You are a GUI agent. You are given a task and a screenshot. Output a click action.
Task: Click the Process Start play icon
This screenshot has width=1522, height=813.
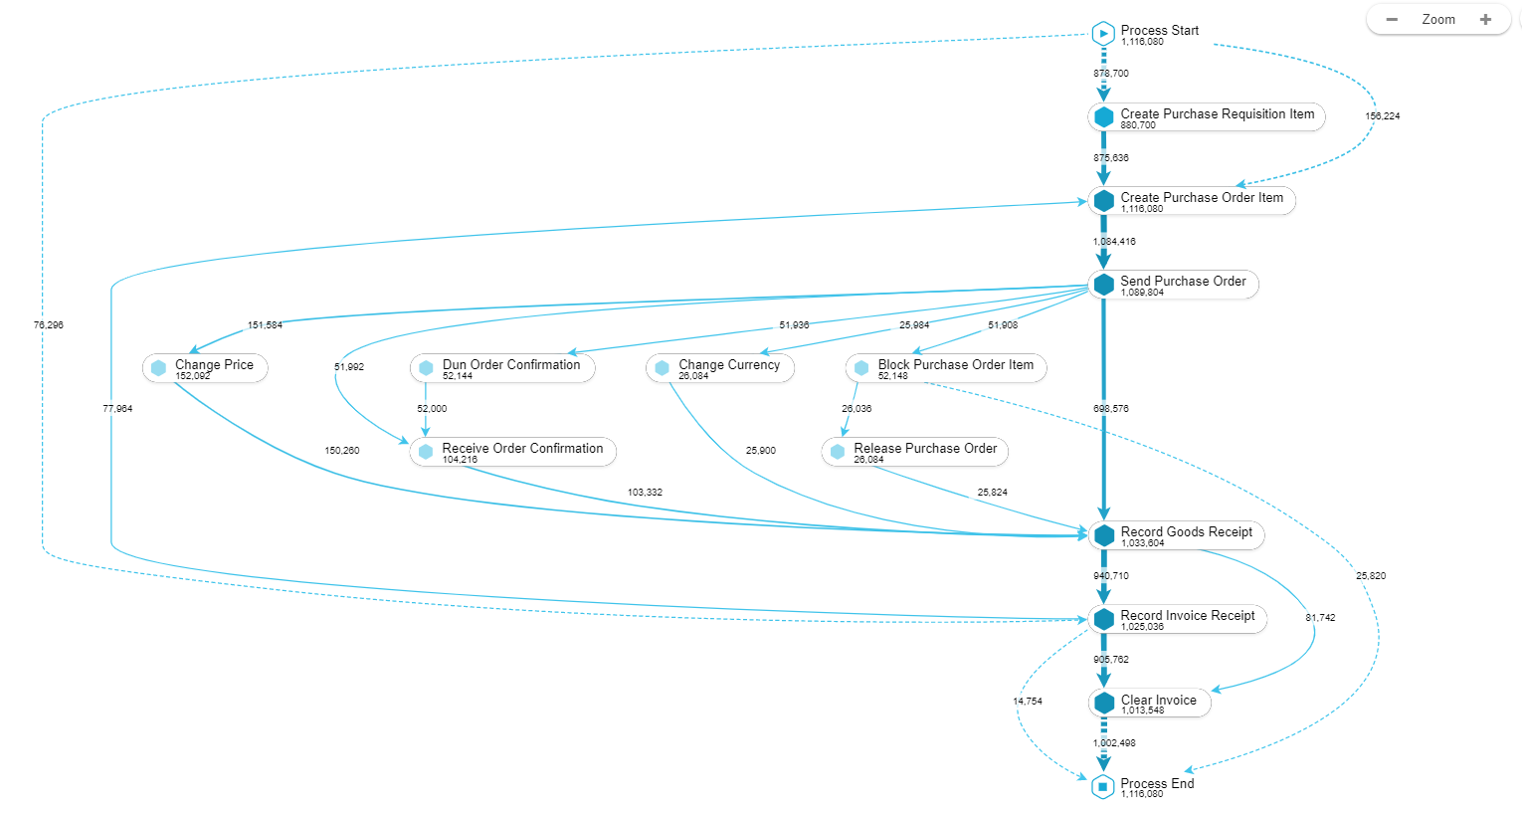1102,34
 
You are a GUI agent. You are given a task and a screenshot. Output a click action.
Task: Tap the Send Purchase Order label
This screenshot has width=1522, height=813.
1183,282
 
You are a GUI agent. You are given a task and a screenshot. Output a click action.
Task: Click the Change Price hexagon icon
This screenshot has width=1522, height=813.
158,368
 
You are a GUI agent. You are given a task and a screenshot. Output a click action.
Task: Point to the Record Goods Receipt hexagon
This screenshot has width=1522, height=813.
1103,535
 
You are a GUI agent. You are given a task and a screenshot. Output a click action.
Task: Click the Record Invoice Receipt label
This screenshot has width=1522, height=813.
1188,616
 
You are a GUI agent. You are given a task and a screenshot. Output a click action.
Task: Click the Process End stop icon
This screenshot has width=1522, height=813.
1102,787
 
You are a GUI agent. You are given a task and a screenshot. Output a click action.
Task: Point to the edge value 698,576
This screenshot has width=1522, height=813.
1110,409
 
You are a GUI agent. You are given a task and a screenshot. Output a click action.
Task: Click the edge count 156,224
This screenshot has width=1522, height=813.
1382,116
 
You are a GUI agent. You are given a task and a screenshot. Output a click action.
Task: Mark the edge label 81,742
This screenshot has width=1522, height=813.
1320,618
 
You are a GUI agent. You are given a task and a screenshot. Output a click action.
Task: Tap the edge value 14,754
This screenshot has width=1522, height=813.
1028,702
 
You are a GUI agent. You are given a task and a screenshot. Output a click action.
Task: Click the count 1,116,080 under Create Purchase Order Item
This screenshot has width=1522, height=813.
1142,209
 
